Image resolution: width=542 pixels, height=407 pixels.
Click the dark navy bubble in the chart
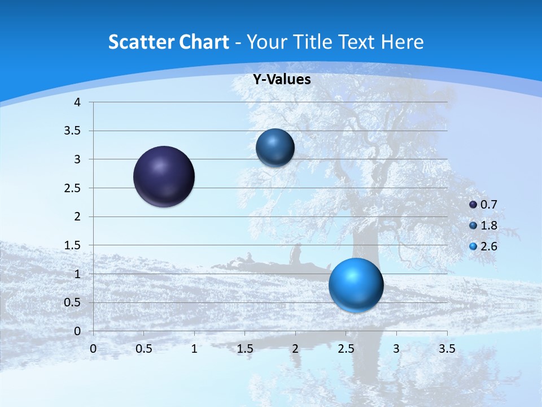164,176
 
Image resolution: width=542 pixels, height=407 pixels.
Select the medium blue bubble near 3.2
275,148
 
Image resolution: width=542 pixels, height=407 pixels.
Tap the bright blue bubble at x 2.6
356,284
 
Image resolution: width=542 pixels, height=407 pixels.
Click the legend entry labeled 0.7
483,205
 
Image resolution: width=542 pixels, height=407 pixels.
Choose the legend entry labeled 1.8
483,226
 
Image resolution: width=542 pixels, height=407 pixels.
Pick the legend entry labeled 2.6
483,246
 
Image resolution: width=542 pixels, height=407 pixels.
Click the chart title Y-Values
281,80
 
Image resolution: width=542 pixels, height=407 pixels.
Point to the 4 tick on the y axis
77,102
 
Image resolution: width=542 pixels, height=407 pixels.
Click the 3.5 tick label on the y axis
73,131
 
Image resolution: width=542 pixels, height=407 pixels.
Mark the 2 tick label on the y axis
77,217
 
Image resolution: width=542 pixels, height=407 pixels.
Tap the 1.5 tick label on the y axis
73,245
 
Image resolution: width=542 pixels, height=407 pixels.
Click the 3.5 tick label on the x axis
447,349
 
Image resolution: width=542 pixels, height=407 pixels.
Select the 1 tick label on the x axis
194,349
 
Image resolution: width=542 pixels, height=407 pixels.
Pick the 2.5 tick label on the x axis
346,349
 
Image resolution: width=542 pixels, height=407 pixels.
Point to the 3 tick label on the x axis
396,349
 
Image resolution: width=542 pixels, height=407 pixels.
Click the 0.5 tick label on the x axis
144,349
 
